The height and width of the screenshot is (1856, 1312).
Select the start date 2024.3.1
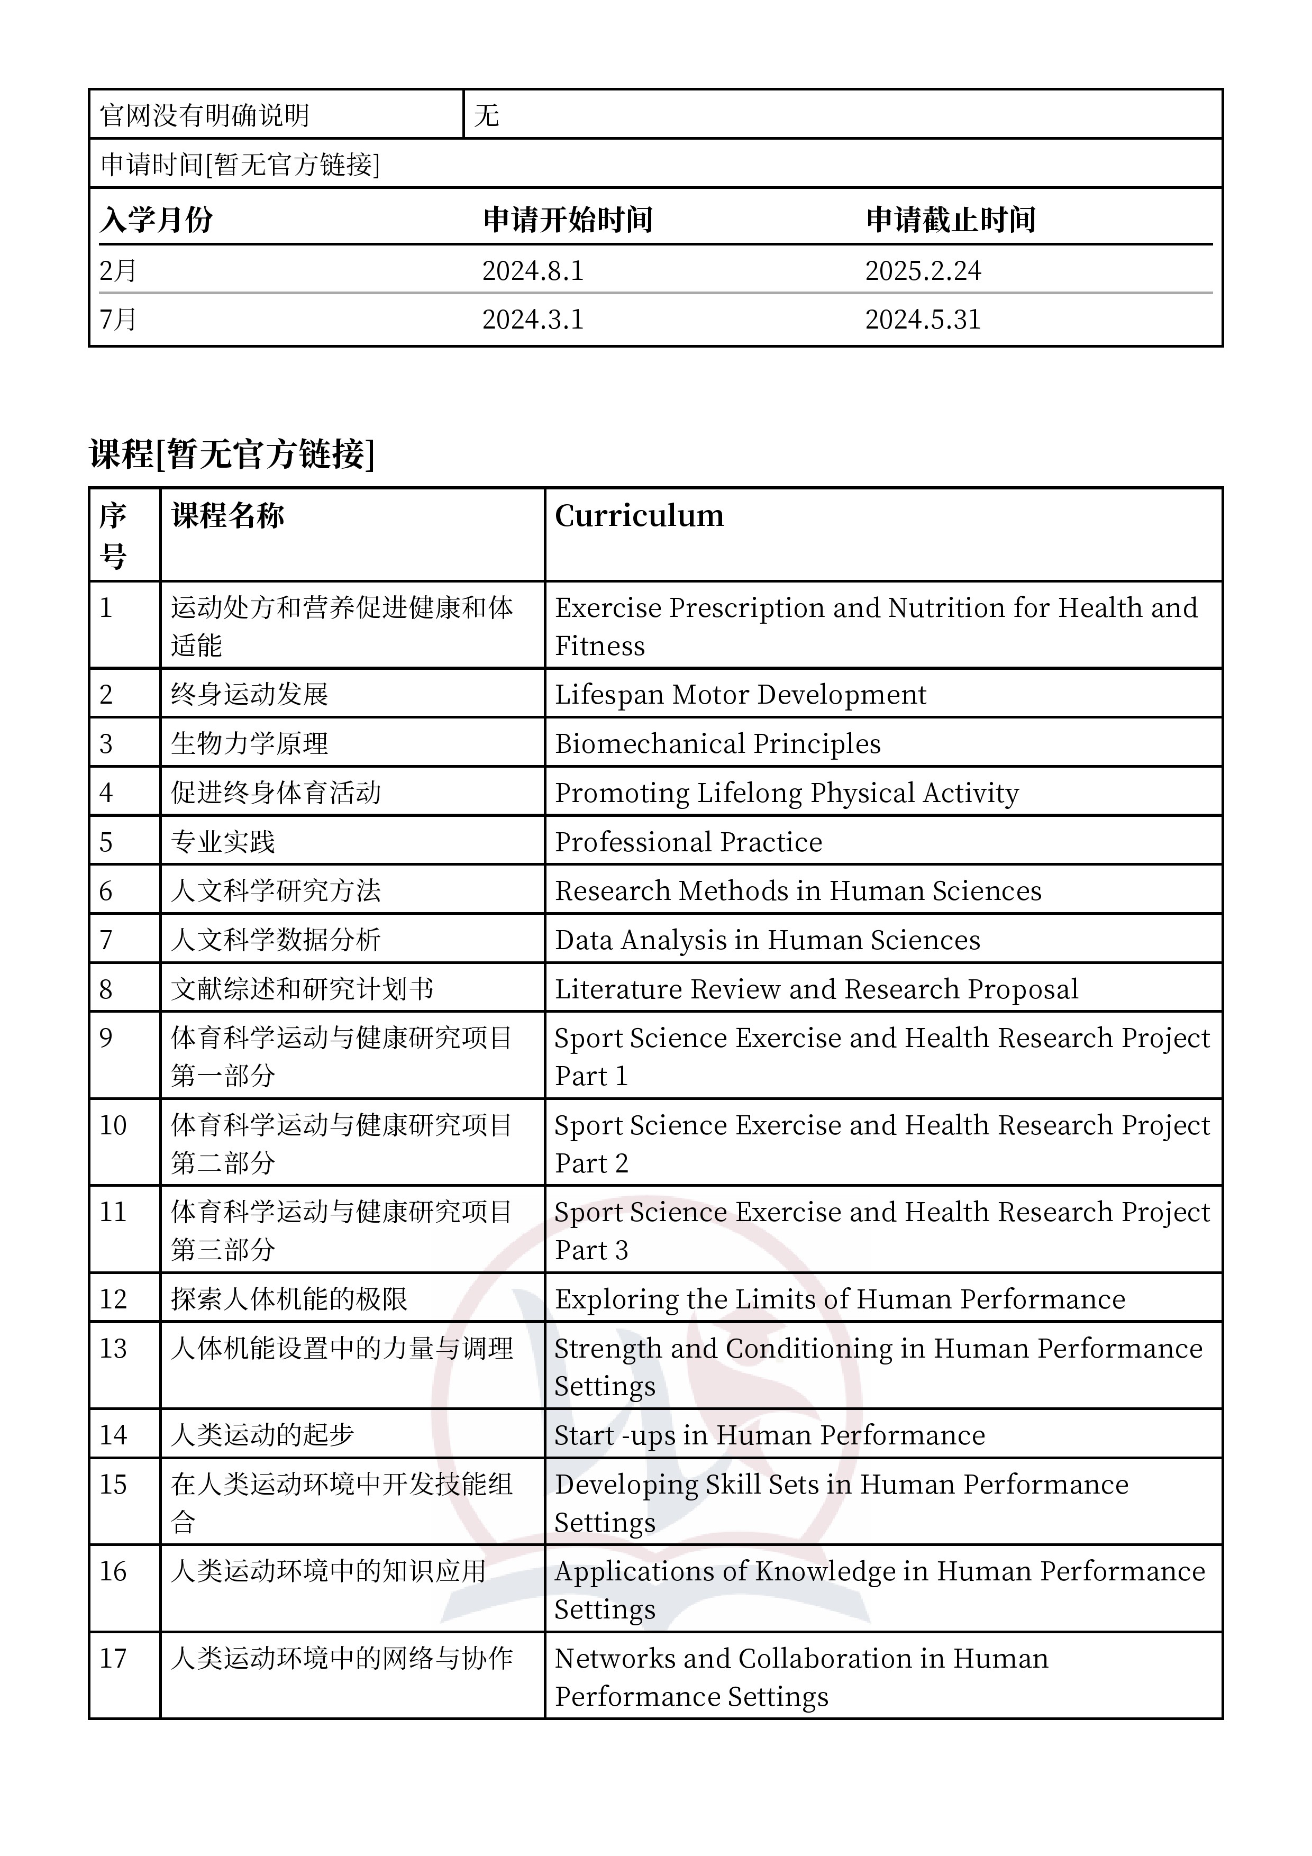533,320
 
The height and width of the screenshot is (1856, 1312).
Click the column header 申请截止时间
951,220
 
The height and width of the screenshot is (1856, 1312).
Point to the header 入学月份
156,220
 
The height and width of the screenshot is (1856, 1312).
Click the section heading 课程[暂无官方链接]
232,454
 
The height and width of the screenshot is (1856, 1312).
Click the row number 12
113,1299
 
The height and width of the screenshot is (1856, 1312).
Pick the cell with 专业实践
223,842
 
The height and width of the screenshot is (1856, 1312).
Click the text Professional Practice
688,842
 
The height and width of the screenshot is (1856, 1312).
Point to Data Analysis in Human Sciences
767,940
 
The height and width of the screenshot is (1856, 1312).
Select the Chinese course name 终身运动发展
250,694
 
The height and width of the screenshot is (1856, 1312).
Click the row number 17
113,1659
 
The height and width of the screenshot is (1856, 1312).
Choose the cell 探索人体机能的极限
289,1299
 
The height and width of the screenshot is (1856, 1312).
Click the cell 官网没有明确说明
205,115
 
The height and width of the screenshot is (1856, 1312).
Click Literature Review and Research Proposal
816,989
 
